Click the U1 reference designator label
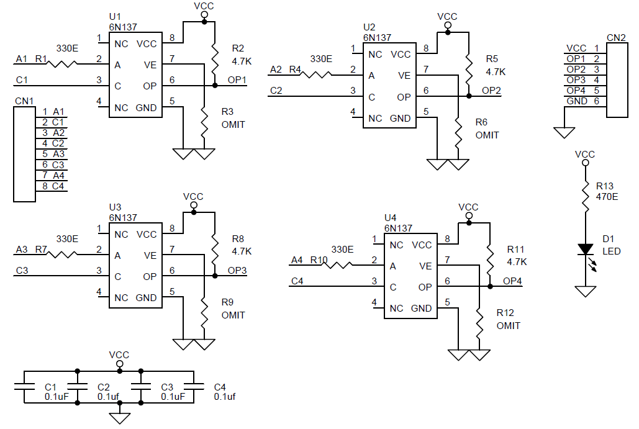(x=115, y=16)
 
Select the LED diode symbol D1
(x=585, y=250)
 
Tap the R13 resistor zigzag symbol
(x=585, y=196)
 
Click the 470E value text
(x=607, y=197)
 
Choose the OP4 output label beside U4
(x=512, y=281)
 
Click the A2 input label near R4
(x=276, y=70)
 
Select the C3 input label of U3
(x=22, y=271)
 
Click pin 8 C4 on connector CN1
(x=53, y=186)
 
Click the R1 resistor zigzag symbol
(x=63, y=63)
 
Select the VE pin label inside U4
(x=425, y=266)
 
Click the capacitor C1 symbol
(x=24, y=387)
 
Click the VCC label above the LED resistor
(x=585, y=154)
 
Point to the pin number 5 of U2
(x=426, y=112)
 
